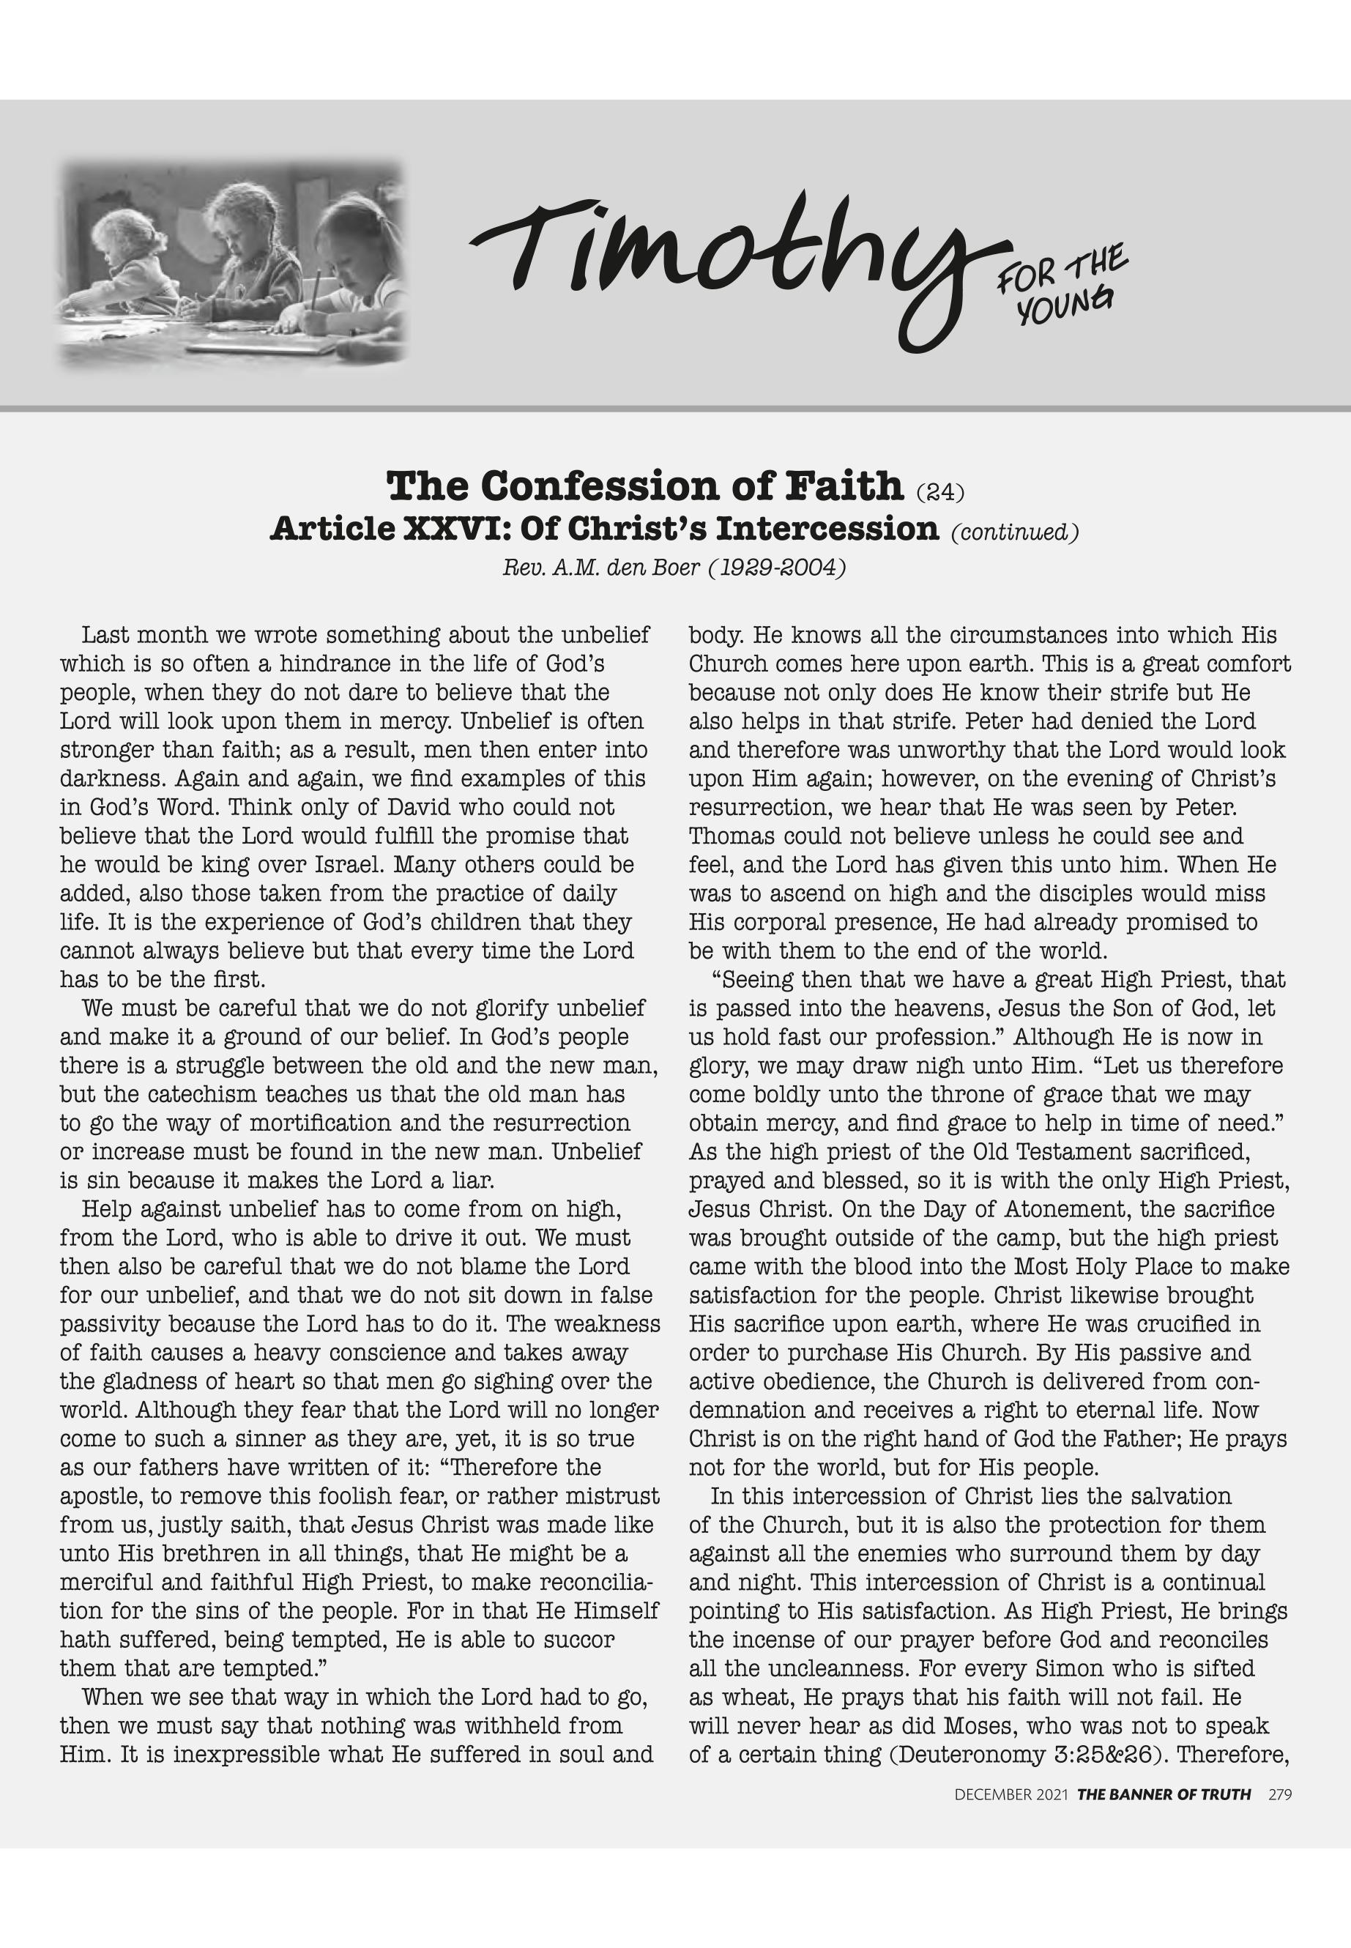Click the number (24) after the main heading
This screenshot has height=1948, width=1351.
(x=939, y=490)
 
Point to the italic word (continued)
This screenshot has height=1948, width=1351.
(x=1015, y=532)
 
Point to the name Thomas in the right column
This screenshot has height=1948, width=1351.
(x=731, y=836)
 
